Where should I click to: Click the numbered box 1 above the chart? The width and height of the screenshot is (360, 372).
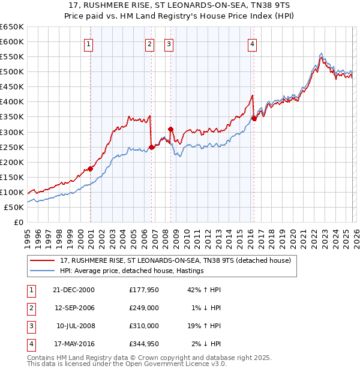pos(89,43)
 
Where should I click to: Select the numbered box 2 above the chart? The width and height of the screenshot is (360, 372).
pos(149,43)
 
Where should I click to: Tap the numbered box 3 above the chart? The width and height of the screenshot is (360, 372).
pos(169,43)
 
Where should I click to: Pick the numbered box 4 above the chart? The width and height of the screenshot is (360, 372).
pos(253,43)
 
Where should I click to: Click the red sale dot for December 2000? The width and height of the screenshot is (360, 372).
pos(91,169)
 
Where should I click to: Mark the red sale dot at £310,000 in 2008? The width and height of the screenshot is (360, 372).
pos(171,129)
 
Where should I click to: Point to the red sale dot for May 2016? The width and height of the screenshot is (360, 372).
pos(254,118)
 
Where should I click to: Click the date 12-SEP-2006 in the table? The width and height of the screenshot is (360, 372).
pos(74,308)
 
